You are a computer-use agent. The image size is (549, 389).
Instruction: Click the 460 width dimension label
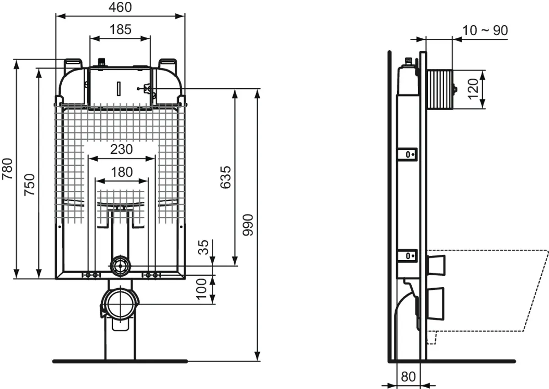(x=120, y=7)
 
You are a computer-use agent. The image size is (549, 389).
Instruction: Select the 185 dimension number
(x=120, y=29)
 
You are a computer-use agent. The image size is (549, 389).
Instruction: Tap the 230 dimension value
(x=121, y=149)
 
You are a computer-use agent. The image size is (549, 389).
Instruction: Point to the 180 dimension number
(x=122, y=172)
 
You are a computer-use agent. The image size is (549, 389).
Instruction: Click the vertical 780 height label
(x=7, y=169)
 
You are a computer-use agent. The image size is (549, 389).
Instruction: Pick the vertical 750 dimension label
(x=29, y=185)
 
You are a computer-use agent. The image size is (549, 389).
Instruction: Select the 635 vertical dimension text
(x=226, y=177)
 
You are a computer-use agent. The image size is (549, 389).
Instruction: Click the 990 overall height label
(x=248, y=225)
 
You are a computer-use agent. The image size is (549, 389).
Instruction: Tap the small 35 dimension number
(x=203, y=247)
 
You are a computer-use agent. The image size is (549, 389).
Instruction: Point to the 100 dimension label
(x=201, y=289)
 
